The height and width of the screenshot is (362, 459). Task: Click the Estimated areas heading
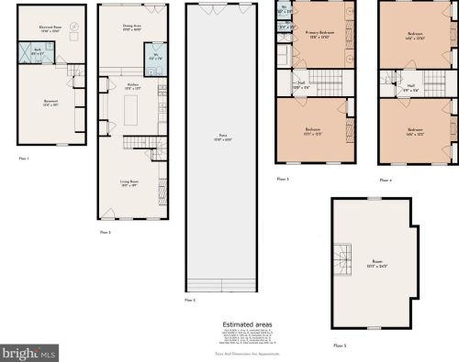pyautogui.click(x=247, y=324)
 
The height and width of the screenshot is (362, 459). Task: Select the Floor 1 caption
pyautogui.click(x=24, y=159)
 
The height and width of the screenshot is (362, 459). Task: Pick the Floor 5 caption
pyautogui.click(x=340, y=345)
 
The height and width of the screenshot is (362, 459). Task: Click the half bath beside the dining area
pyautogui.click(x=153, y=66)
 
